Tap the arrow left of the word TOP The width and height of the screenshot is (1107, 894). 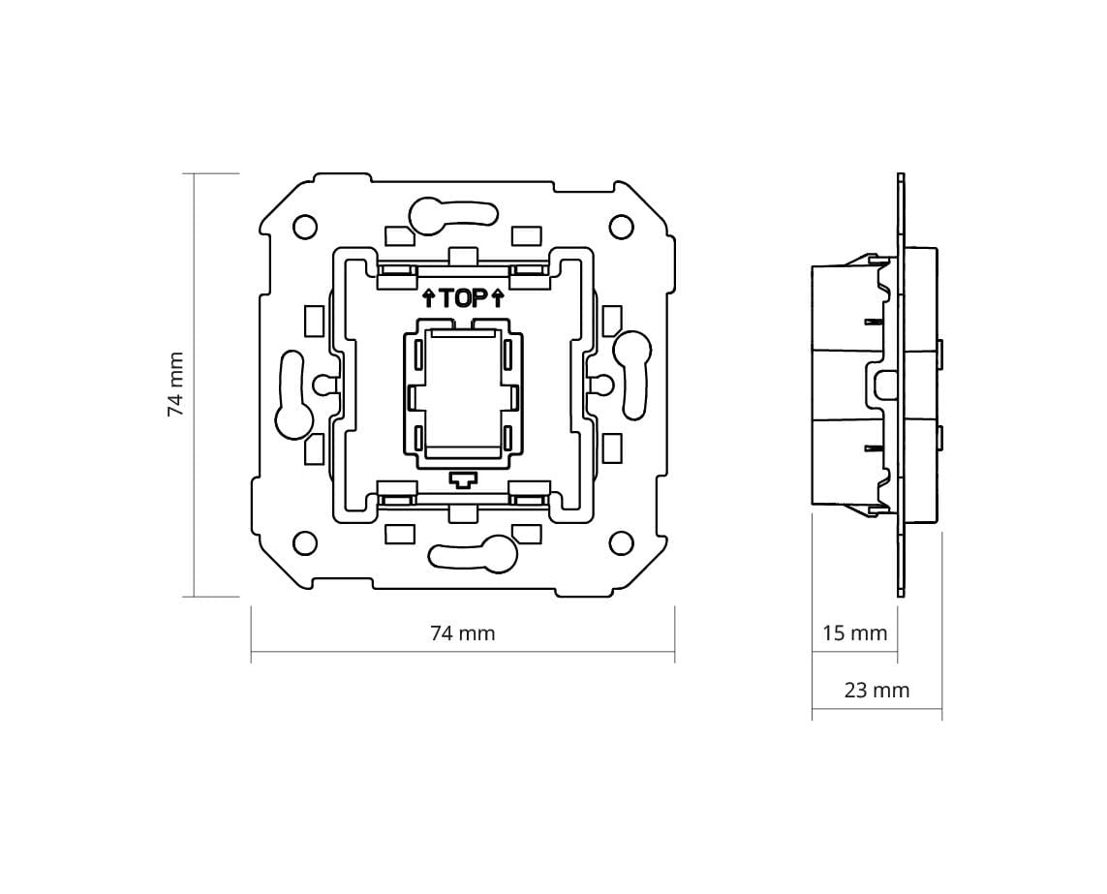428,298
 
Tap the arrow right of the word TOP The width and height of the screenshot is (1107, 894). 498,298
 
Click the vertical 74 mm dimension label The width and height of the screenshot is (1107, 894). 176,385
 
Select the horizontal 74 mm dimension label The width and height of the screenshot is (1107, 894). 462,633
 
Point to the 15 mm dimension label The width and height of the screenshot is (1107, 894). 854,632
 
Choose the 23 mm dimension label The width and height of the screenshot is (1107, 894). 876,690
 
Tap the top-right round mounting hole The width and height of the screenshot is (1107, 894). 621,226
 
